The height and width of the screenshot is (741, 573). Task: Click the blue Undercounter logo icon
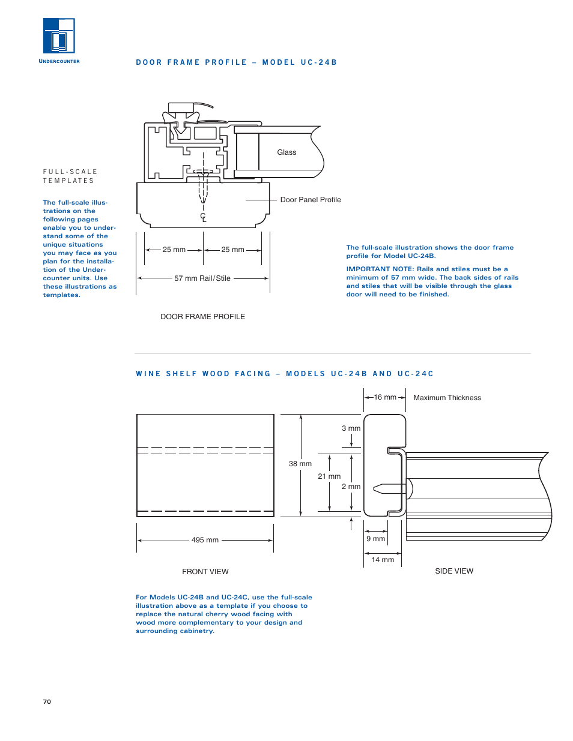[59, 36]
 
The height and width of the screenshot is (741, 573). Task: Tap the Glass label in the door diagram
[286, 152]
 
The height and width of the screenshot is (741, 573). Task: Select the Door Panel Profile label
[310, 200]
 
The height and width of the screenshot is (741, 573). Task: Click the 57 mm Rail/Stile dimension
[202, 278]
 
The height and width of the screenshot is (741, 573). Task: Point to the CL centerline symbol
[203, 217]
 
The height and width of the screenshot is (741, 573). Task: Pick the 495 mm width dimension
[205, 540]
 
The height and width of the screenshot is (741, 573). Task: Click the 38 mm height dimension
[300, 464]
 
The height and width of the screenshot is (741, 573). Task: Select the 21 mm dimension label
[329, 476]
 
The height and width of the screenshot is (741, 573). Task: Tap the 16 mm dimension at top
[385, 397]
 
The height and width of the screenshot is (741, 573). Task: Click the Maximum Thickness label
[447, 398]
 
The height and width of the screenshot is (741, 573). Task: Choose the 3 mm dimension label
[351, 428]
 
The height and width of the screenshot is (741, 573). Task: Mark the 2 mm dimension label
[351, 487]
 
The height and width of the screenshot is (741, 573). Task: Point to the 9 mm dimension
[375, 539]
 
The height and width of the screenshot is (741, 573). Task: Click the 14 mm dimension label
[383, 560]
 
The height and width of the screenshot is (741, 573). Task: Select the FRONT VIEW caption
[205, 572]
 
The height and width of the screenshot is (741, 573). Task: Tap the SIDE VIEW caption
[454, 571]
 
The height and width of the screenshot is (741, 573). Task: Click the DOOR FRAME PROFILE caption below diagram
[202, 317]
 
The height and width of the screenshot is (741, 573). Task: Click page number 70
[47, 701]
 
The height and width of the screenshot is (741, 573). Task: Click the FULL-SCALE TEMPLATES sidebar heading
[70, 176]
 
